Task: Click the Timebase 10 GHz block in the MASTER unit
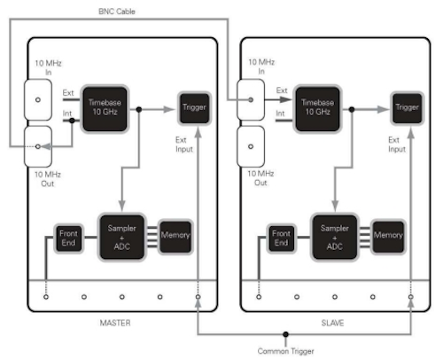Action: [x=105, y=109]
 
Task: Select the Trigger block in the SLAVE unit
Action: [x=407, y=108]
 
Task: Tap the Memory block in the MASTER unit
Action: [x=175, y=237]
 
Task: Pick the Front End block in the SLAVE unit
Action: [x=281, y=239]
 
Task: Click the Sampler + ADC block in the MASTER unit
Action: [x=122, y=237]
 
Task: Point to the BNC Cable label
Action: [x=117, y=12]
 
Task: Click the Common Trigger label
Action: [x=285, y=351]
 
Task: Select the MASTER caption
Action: [x=115, y=323]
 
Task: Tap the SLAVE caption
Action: [x=332, y=323]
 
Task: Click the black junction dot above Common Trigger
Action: [x=285, y=334]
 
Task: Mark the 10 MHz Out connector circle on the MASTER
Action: [x=38, y=146]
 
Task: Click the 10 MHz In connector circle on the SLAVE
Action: [x=251, y=100]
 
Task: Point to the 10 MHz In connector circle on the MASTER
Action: [x=38, y=100]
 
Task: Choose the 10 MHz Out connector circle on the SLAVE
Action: [x=251, y=146]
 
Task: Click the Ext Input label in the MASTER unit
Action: [x=184, y=145]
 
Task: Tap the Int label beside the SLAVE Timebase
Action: [x=280, y=113]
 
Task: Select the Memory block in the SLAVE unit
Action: [x=388, y=237]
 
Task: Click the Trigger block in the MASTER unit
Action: [x=194, y=108]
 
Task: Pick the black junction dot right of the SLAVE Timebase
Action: [x=352, y=110]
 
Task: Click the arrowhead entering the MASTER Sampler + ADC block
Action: [x=122, y=206]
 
